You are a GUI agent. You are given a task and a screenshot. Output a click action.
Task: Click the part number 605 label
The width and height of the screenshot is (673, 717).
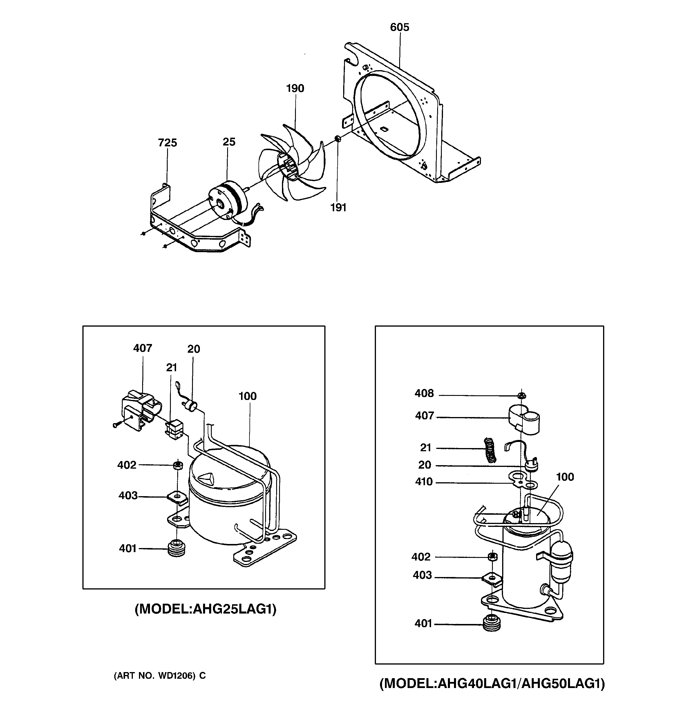point(399,28)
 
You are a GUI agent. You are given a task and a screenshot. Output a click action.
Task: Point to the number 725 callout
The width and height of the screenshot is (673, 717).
point(168,143)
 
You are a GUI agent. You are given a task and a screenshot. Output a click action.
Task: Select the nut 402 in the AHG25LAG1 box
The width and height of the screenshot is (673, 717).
point(177,465)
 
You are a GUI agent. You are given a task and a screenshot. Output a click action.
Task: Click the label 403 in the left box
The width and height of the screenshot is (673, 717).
point(128,496)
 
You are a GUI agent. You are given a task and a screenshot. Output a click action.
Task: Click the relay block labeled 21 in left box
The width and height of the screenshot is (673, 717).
point(174,430)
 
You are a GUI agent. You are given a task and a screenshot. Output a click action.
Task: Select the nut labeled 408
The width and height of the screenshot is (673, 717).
point(521,396)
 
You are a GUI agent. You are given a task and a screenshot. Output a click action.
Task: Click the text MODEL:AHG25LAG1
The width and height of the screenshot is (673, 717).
point(205,609)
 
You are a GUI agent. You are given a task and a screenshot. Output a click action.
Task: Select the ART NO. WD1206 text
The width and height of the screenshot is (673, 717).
point(160,676)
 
